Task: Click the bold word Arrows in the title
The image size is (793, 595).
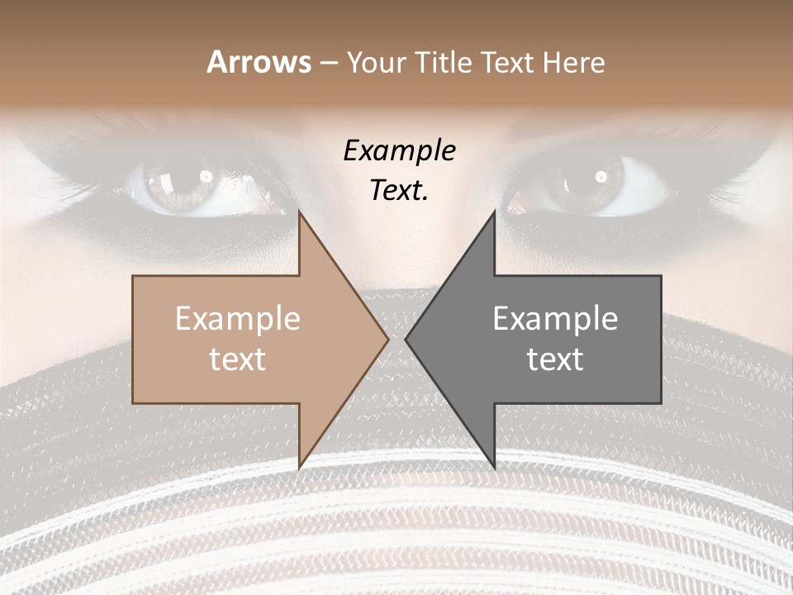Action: (259, 62)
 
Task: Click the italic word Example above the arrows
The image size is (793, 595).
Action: (399, 151)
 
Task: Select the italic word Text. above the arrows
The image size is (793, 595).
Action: (399, 190)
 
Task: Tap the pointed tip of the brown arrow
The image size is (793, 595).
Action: (387, 339)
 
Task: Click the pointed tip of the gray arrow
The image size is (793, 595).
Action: (406, 339)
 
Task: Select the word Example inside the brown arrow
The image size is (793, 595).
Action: (238, 319)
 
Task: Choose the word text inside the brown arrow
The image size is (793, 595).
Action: (238, 359)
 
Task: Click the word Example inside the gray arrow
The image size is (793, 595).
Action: (555, 319)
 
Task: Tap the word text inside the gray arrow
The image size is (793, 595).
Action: (555, 359)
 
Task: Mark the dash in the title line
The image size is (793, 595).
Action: (328, 63)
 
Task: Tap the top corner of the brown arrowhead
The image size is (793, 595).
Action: (299, 212)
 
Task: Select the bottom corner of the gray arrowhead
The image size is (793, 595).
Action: (494, 467)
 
